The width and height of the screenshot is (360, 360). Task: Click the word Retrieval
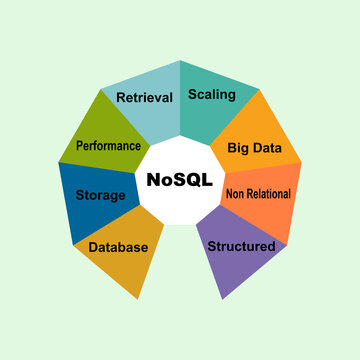[145, 97]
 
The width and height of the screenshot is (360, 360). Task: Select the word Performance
[108, 145]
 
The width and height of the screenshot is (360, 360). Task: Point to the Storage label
[100, 195]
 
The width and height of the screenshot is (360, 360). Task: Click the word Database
[118, 247]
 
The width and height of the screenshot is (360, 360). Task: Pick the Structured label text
[241, 245]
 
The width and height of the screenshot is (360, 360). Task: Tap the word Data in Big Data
[269, 147]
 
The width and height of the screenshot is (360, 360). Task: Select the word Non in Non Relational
[236, 194]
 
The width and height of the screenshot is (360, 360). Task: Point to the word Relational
[270, 194]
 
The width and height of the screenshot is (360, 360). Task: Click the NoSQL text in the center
[180, 181]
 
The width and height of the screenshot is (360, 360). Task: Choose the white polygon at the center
[180, 205]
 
